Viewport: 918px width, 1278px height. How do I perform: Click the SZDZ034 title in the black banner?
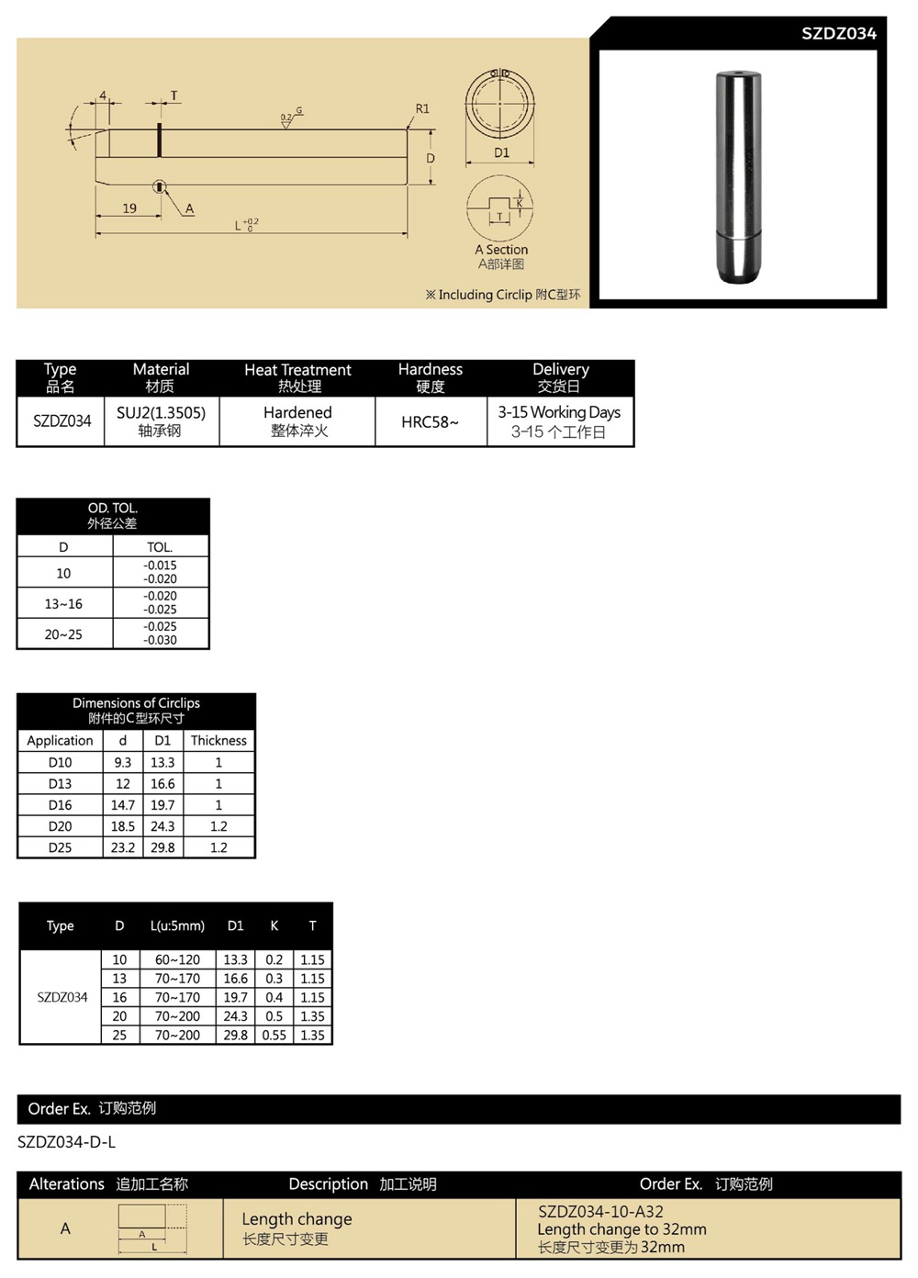838,33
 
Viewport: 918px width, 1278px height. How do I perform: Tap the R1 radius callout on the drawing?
422,108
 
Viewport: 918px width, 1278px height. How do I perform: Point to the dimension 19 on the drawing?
129,208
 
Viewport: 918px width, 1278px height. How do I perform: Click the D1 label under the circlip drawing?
501,152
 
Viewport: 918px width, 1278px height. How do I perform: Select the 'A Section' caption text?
501,250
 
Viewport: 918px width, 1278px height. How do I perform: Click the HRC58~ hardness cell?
430,422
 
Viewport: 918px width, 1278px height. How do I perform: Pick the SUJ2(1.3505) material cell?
161,413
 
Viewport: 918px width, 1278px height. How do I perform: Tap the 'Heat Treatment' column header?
297,370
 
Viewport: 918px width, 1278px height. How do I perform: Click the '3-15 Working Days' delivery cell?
559,412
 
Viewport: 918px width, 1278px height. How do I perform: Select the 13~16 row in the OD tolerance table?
63,604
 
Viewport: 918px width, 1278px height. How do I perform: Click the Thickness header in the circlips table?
218,741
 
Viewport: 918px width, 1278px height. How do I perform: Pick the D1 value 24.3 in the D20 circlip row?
162,826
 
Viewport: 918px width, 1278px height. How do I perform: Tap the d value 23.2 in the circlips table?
123,847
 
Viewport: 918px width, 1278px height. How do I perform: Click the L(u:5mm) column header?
177,925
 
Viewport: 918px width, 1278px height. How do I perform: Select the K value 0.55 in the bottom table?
274,1035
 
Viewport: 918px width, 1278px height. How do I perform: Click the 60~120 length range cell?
177,959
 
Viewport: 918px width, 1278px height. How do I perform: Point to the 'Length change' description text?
297,1219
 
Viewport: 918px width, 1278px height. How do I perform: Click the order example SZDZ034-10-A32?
600,1212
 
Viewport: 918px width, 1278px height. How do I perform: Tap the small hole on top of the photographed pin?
738,72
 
